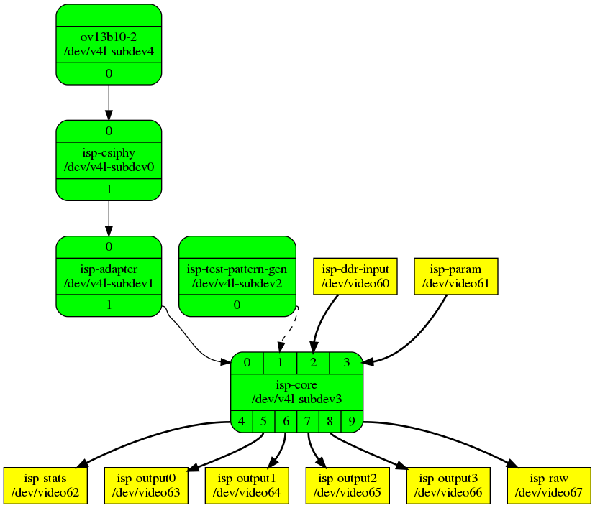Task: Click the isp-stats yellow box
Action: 45,486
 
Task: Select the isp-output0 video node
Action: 147,486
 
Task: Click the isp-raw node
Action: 550,486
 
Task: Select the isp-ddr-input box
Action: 356,277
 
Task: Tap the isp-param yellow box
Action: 456,277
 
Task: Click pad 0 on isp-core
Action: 247,363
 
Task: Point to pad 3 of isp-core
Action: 346,363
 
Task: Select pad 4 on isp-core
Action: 242,422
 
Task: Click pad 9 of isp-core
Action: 352,422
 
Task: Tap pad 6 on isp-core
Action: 286,422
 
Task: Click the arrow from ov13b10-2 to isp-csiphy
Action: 109,101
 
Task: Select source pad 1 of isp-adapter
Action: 109,305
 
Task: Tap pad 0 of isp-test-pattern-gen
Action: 237,305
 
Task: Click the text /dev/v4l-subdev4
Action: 109,51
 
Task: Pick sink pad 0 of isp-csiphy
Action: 109,131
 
